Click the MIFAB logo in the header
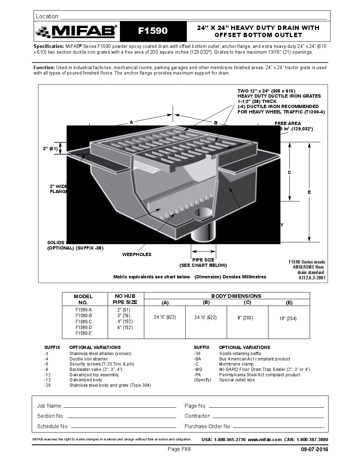click(x=77, y=32)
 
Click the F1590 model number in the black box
click(x=153, y=31)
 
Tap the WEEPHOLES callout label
click(x=137, y=255)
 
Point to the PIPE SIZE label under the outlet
click(x=203, y=260)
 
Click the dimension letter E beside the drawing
click(x=309, y=192)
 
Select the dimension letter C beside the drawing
click(x=289, y=172)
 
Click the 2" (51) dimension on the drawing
click(x=50, y=148)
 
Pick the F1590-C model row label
click(x=84, y=322)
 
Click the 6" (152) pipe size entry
click(x=125, y=328)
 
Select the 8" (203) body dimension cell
click(x=245, y=318)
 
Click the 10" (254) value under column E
click(x=288, y=319)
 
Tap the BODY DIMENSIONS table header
click(x=236, y=296)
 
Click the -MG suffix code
click(x=198, y=369)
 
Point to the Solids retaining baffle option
click(x=240, y=354)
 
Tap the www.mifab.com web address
click(x=265, y=439)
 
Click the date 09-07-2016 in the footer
click(x=314, y=449)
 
